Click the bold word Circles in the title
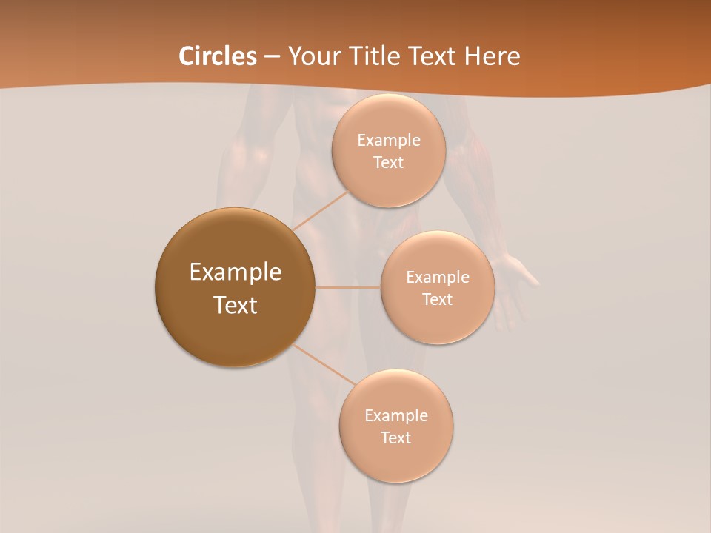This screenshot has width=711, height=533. [x=217, y=56]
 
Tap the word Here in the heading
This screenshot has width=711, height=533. [x=492, y=56]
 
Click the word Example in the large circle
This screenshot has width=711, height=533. [x=235, y=272]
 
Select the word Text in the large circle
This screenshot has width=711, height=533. [x=235, y=305]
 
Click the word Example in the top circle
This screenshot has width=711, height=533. [x=388, y=141]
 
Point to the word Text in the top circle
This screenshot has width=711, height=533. [x=388, y=162]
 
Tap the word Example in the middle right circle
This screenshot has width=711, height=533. [x=437, y=278]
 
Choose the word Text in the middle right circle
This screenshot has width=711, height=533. [x=437, y=299]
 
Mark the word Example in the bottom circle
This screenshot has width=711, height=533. [x=395, y=416]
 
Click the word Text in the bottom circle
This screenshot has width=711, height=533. [x=395, y=438]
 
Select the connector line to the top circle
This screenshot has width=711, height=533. [x=320, y=210]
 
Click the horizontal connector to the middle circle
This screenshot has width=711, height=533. [x=347, y=287]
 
